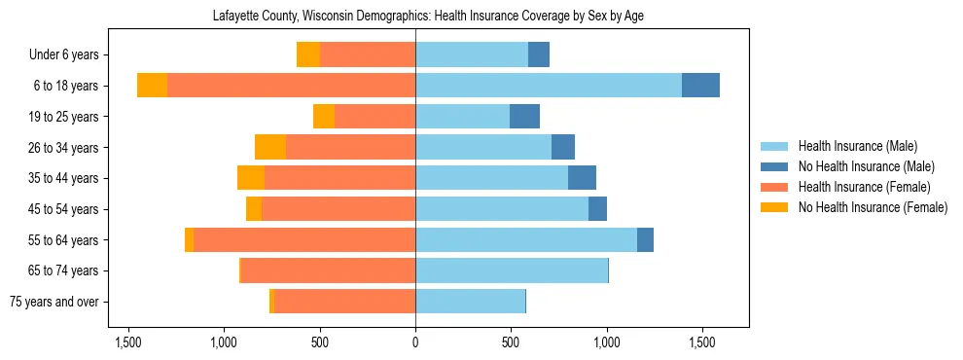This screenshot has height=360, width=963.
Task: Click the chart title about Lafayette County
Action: point(428,16)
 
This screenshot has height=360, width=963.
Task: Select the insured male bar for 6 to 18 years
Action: point(549,86)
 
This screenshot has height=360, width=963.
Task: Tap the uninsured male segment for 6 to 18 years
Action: point(700,86)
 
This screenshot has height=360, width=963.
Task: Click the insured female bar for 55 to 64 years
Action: point(304,240)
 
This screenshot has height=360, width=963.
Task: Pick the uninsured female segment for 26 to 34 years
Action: point(270,147)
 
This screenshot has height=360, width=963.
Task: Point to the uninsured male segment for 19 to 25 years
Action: point(524,117)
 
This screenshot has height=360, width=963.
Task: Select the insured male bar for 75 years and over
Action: point(470,302)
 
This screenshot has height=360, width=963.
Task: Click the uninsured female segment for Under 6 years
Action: point(308,54)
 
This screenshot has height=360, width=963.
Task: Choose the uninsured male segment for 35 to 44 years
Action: point(582,178)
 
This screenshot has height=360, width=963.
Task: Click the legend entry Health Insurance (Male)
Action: point(857,146)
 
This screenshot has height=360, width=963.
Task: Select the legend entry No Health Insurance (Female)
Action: point(873,207)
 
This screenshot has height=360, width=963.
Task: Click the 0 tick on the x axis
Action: point(415,343)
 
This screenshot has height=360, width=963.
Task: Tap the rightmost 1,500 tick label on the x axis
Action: point(702,343)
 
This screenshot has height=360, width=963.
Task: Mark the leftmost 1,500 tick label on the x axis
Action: point(129,343)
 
